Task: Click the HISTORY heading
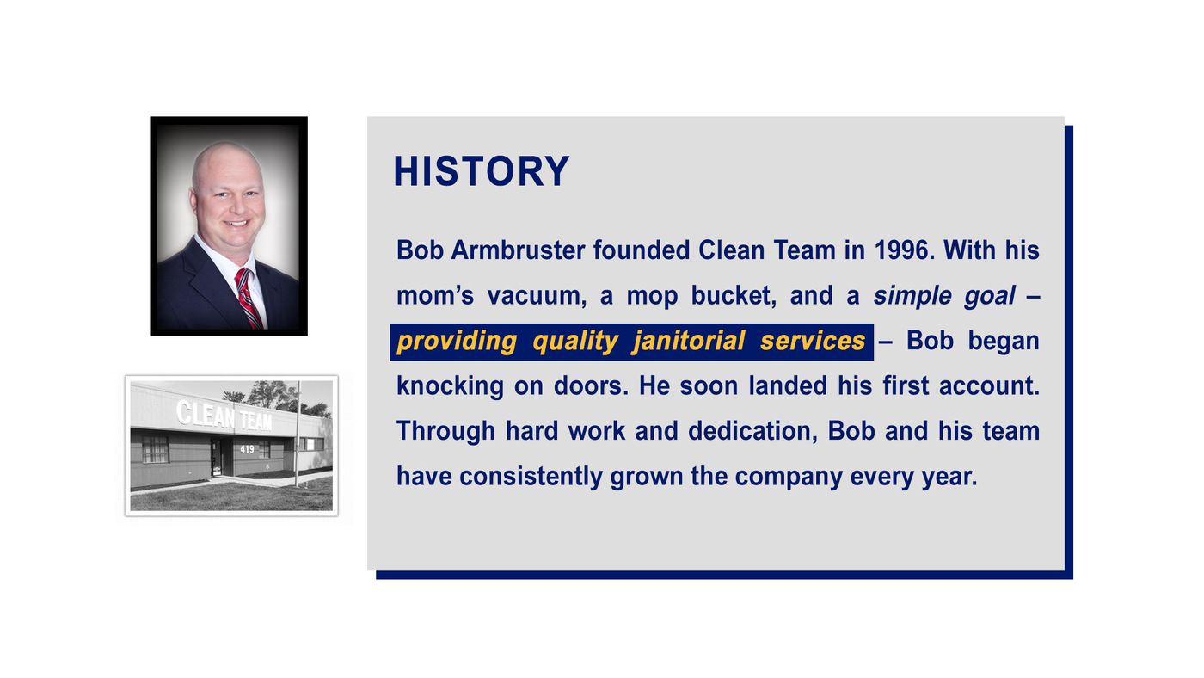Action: coord(481,171)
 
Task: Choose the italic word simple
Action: coord(912,295)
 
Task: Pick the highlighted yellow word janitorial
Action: coord(688,341)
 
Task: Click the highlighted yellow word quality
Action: coord(574,341)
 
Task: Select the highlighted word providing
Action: coord(457,341)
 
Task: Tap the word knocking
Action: coord(450,385)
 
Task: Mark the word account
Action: coord(988,385)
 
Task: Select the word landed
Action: coord(788,385)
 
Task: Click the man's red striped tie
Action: coord(249,297)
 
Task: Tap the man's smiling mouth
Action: coord(236,223)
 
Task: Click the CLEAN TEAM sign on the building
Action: coord(224,416)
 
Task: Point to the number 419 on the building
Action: coord(247,449)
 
